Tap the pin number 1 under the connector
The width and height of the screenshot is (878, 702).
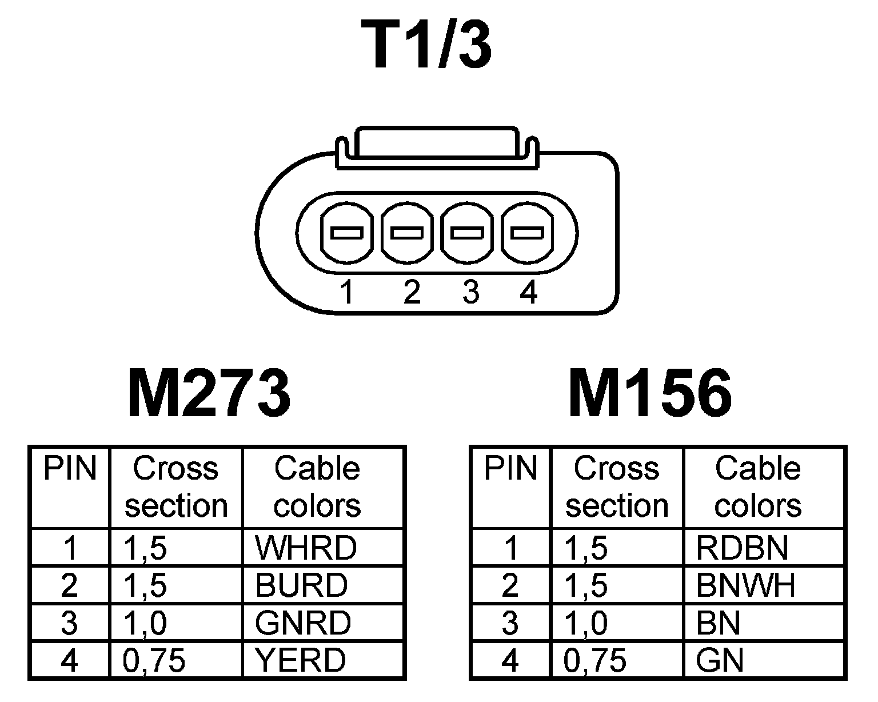346,293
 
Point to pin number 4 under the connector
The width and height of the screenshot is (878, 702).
529,293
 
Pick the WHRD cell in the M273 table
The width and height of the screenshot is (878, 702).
306,548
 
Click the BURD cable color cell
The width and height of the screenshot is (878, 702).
301,585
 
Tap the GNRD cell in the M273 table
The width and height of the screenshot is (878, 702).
303,623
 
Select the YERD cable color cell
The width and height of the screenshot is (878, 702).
301,661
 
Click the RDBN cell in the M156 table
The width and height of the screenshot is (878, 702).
742,548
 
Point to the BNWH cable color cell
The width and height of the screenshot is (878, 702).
745,585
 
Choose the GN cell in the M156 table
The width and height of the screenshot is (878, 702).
720,661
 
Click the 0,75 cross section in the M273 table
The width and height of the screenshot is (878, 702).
154,661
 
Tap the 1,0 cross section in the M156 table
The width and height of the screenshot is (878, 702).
586,623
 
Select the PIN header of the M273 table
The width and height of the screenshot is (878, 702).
70,469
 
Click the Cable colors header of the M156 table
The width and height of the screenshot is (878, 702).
758,487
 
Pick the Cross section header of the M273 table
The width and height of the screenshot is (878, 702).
176,487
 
